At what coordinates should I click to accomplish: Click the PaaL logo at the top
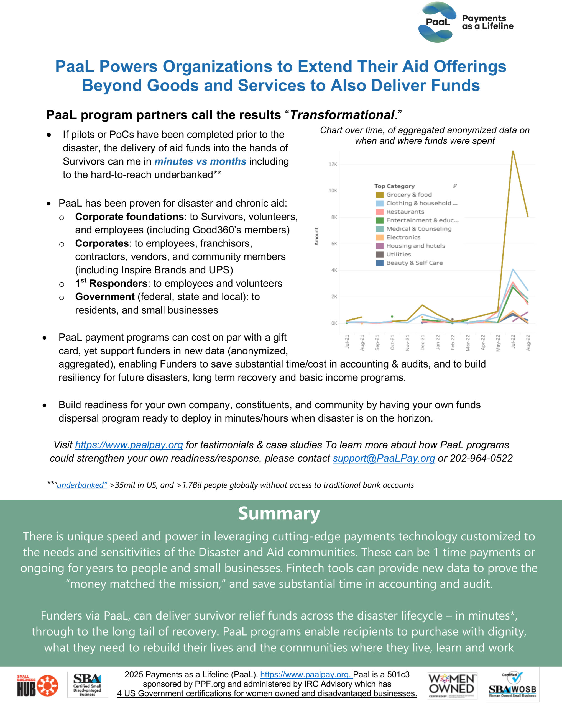[x=437, y=22]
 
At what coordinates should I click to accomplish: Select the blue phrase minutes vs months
[x=200, y=161]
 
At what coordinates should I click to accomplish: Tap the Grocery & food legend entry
[x=408, y=195]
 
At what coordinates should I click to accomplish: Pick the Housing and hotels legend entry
[x=415, y=246]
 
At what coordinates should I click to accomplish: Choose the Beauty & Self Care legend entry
[x=414, y=263]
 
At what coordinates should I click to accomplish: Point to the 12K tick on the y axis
[x=333, y=165]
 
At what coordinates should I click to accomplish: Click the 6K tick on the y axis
[x=334, y=244]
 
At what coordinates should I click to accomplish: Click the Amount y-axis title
[x=316, y=237]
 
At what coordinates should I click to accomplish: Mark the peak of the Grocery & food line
[x=513, y=151]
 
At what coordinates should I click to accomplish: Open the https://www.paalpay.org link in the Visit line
[x=129, y=445]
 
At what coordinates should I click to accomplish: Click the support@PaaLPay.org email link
[x=384, y=458]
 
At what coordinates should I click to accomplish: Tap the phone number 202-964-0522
[x=481, y=458]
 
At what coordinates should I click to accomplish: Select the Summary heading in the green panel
[x=279, y=514]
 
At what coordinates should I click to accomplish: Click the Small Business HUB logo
[x=37, y=686]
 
